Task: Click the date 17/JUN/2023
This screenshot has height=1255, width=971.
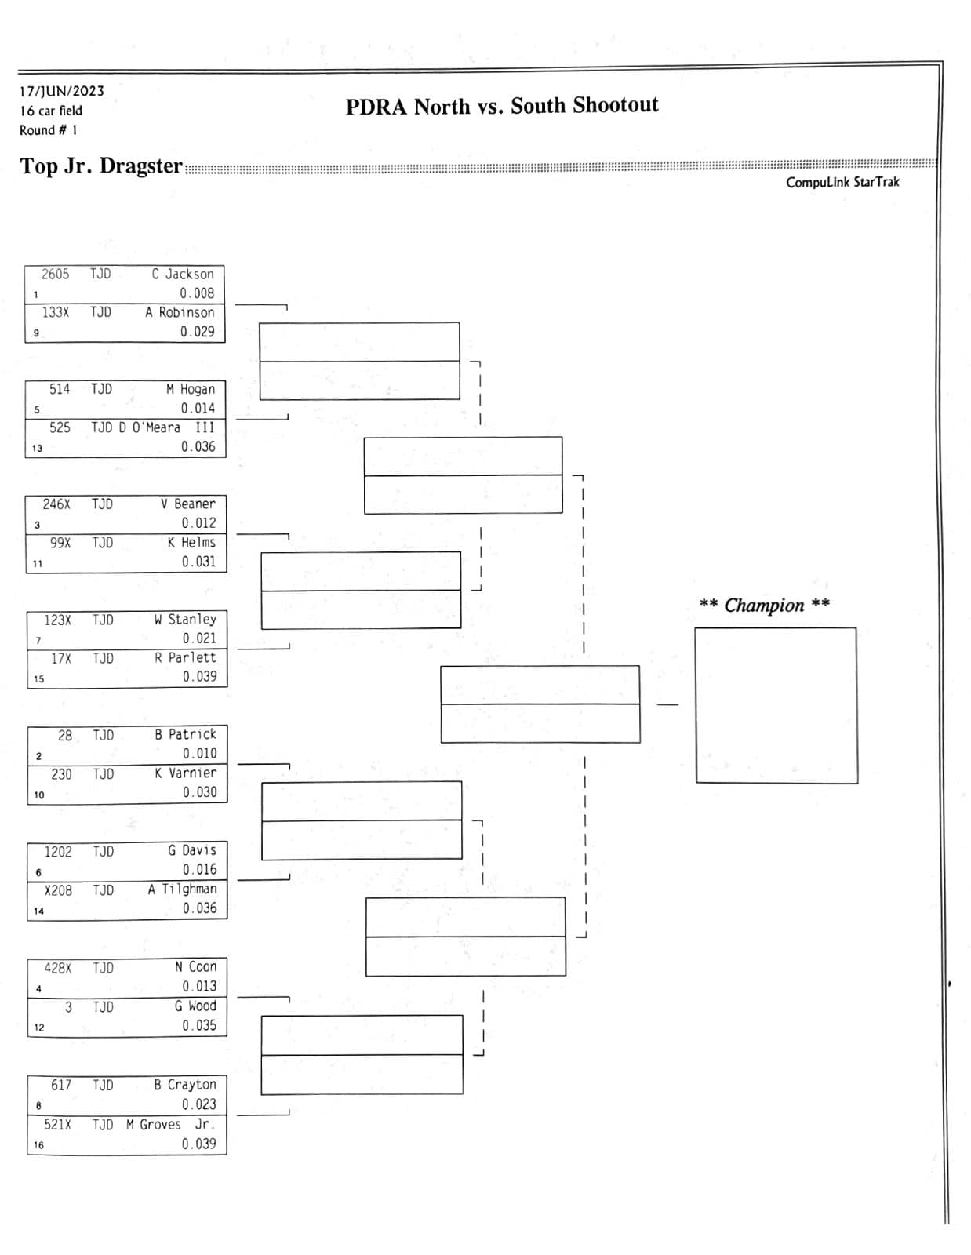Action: [x=62, y=91]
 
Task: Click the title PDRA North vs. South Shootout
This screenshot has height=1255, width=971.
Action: [x=502, y=106]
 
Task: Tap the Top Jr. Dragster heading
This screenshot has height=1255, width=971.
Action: [x=101, y=166]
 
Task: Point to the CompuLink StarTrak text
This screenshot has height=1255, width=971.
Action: [x=842, y=182]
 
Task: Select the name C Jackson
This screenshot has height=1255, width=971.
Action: [x=183, y=274]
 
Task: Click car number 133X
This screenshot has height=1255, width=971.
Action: [x=56, y=312]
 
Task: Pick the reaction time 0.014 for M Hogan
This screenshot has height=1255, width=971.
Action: [x=198, y=409]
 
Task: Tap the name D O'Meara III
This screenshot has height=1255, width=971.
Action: [x=166, y=427]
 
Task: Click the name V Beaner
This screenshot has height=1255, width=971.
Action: [x=187, y=504]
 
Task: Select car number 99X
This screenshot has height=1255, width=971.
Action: [x=60, y=543]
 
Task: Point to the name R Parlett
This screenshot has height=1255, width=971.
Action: [x=185, y=657]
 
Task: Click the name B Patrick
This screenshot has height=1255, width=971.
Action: [x=185, y=734]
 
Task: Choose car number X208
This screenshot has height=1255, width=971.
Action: [x=58, y=890]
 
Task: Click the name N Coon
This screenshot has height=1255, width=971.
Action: [x=196, y=967]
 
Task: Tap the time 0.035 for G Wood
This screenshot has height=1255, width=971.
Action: [x=199, y=1025]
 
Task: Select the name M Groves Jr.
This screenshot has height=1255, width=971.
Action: [x=170, y=1125]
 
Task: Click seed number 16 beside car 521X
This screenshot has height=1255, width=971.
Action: [x=38, y=1144]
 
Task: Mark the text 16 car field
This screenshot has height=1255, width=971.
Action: [x=51, y=111]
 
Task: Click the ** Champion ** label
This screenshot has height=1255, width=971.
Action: [x=765, y=605]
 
